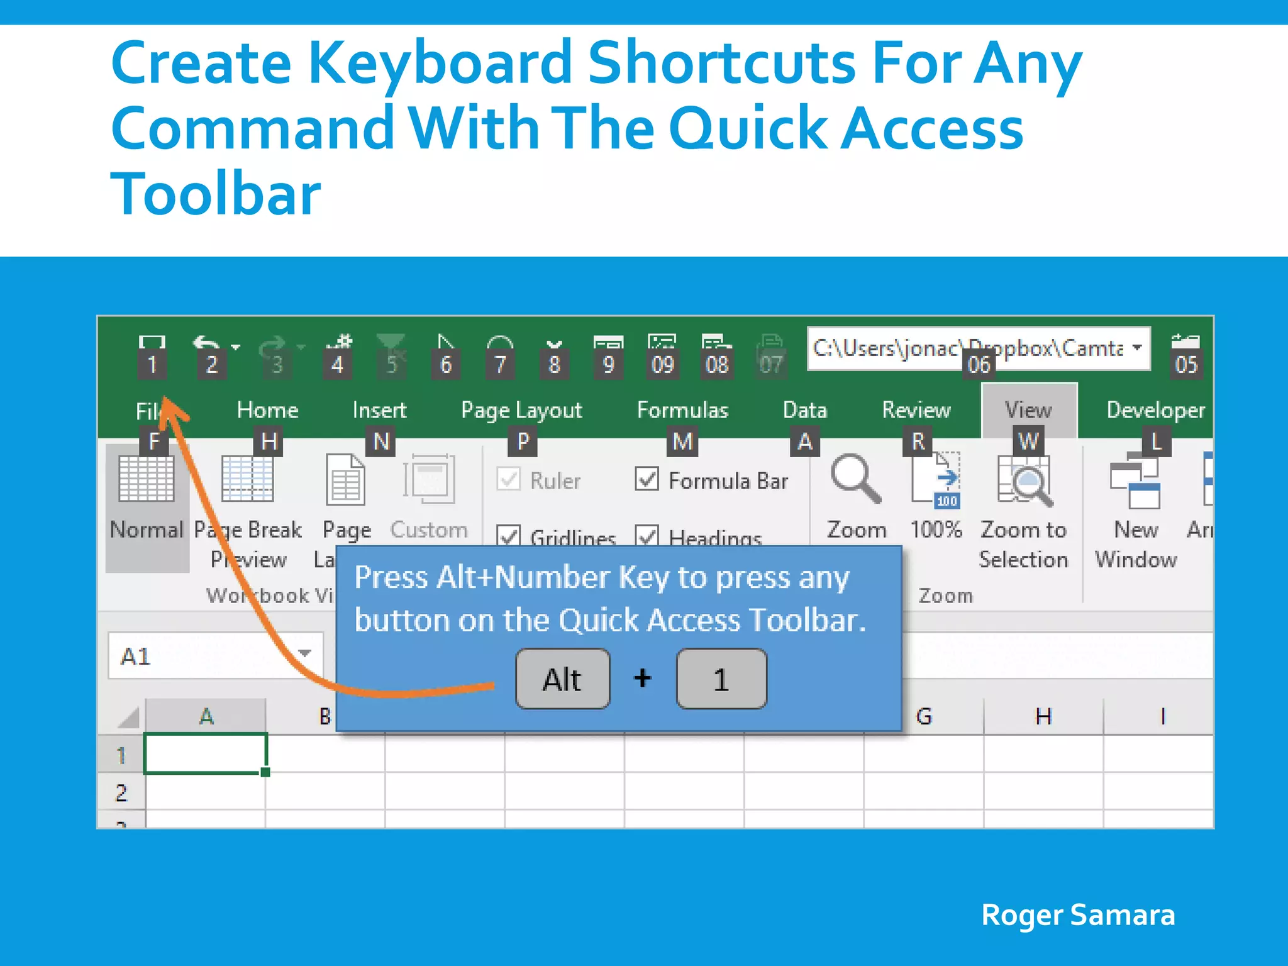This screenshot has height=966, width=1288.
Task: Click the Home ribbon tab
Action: pos(267,410)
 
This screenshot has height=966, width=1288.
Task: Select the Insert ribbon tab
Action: pos(379,410)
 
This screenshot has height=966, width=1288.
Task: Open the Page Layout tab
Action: pos(521,410)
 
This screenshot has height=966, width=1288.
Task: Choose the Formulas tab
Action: pos(682,410)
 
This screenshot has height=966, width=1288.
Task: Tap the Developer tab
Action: pos(1155,410)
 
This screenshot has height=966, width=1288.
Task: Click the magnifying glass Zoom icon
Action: pos(855,479)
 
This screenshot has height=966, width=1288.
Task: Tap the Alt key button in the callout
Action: pos(562,679)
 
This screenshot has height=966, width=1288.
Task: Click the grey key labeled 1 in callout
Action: pos(721,679)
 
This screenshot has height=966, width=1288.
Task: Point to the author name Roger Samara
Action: pos(1078,915)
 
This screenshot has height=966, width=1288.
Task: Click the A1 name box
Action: pos(201,656)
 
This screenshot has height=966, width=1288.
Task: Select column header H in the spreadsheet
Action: pos(1043,716)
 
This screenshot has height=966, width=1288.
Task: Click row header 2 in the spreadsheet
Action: pos(121,792)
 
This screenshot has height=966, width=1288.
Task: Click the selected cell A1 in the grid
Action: pos(206,753)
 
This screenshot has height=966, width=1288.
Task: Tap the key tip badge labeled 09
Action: pos(663,365)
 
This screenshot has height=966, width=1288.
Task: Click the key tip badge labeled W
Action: pos(1028,441)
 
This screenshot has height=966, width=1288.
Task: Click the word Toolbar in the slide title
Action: pos(216,194)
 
